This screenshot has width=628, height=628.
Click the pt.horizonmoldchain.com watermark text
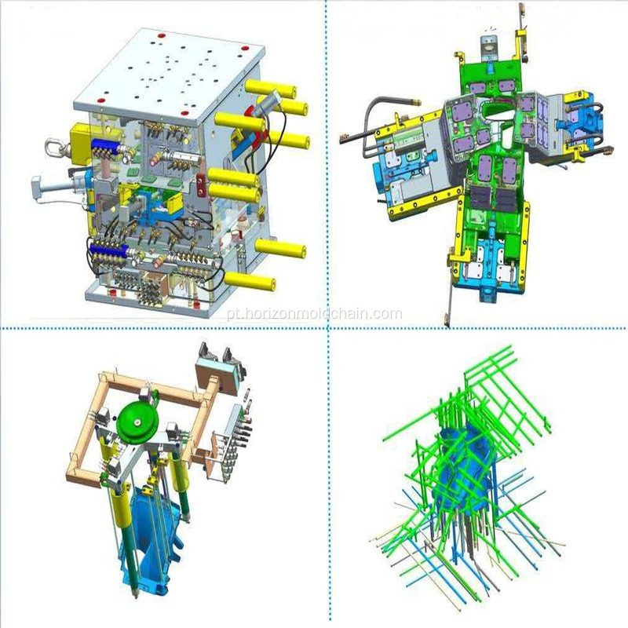point(314,314)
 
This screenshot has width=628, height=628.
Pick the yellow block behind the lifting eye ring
point(82,142)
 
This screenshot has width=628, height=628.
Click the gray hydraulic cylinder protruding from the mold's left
point(60,187)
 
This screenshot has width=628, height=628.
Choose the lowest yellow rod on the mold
point(250,281)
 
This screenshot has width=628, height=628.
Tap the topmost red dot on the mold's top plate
point(162,35)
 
